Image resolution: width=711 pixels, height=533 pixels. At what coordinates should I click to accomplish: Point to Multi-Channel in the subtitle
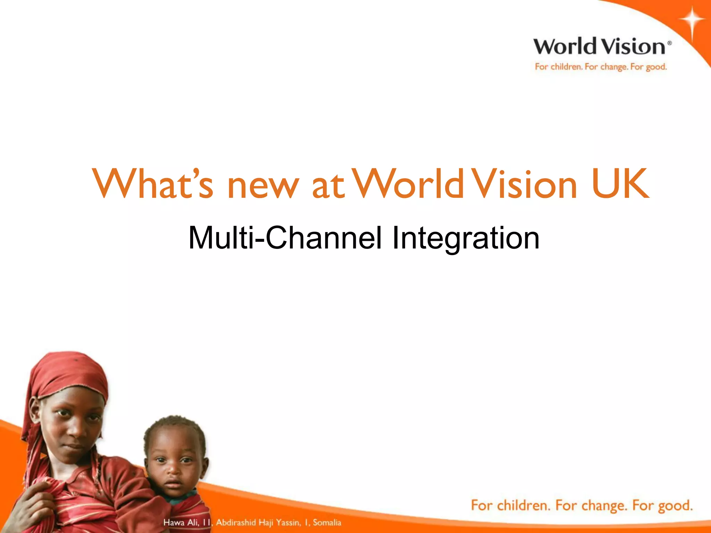click(285, 238)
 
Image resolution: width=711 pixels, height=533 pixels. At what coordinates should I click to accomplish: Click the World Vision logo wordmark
click(599, 47)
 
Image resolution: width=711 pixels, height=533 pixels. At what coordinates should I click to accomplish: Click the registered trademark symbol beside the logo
click(670, 43)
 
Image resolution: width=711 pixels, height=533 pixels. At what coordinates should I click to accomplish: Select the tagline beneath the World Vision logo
click(601, 67)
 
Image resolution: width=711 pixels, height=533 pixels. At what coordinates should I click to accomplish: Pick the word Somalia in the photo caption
click(327, 522)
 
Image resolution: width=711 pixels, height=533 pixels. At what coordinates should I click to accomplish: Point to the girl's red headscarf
click(69, 375)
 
